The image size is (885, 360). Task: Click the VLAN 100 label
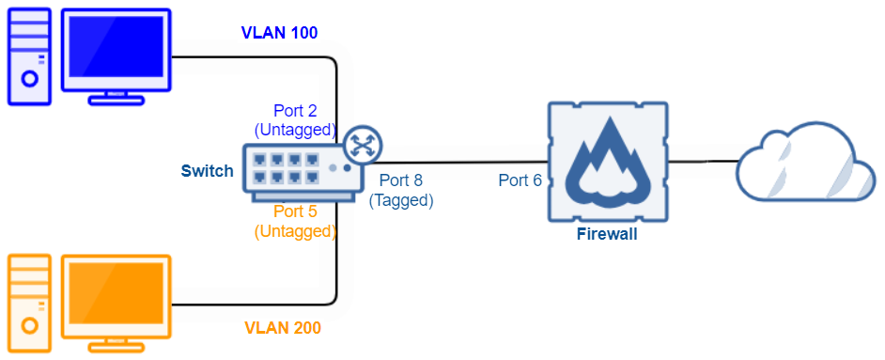(279, 33)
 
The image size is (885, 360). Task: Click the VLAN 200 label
(283, 328)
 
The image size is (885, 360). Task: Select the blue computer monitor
(116, 53)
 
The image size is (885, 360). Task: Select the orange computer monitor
(116, 298)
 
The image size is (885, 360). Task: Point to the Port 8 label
(400, 180)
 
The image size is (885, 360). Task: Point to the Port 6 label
(520, 180)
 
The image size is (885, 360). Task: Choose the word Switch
(207, 171)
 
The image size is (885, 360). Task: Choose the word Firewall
(607, 234)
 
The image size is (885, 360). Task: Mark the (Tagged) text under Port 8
(401, 199)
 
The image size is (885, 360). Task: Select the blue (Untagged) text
(295, 128)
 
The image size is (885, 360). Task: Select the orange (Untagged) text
(295, 230)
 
